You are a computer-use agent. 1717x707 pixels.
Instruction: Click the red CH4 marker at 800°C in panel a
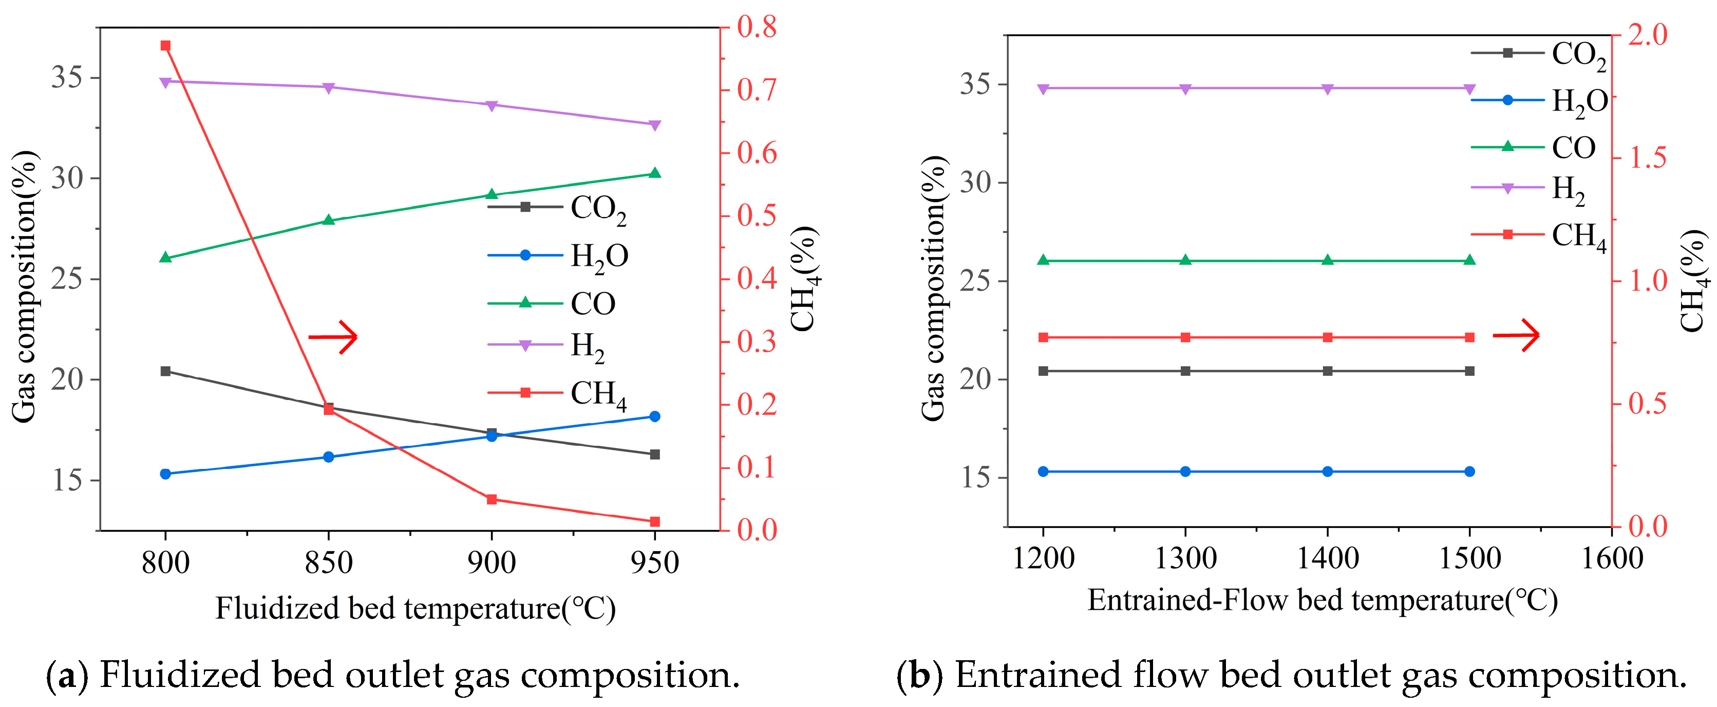point(165,45)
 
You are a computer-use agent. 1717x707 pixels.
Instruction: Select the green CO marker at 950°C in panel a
point(654,173)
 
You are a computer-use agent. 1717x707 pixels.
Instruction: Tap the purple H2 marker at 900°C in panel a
point(492,105)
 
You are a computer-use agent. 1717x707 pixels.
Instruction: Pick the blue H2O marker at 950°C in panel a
point(654,416)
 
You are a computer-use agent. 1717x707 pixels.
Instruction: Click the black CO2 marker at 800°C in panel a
point(165,371)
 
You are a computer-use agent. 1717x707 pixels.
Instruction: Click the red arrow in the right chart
point(1516,334)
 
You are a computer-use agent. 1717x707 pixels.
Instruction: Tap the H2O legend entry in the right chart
point(1540,101)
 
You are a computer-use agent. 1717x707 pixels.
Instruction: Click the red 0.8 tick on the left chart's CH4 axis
point(757,27)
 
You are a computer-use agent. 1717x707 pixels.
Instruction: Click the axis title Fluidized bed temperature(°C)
point(415,608)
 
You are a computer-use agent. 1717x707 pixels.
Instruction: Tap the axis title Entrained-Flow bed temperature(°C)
point(1323,600)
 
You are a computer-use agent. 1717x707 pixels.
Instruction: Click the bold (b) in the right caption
point(920,675)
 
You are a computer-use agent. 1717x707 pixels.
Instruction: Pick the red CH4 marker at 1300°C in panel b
point(1185,337)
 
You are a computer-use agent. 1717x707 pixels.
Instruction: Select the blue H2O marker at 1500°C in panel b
point(1470,472)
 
